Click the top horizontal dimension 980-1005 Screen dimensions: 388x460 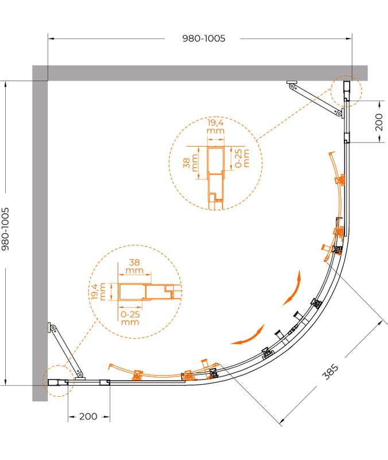pos(204,39)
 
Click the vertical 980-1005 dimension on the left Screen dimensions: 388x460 pos(6,229)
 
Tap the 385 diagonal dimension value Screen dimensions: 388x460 pos(330,371)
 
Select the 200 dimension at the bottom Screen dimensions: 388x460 pos(88,416)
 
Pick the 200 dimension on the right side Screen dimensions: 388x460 pos(379,122)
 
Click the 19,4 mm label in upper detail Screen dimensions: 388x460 pos(215,126)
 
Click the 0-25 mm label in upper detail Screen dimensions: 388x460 pos(242,158)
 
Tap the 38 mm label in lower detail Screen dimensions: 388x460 pos(134,266)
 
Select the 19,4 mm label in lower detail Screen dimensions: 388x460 pos(98,292)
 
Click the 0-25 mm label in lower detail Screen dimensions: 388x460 pos(130,318)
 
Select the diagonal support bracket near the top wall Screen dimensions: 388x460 pos(316,99)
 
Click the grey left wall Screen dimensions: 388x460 pos(40,233)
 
